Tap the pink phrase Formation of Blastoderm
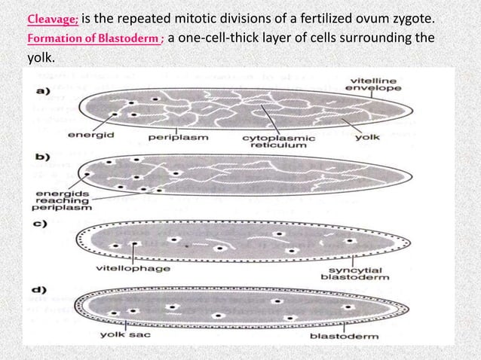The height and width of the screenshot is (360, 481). click(86, 39)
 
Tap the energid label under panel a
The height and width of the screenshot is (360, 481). click(85, 138)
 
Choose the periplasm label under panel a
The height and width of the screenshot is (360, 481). click(178, 139)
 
